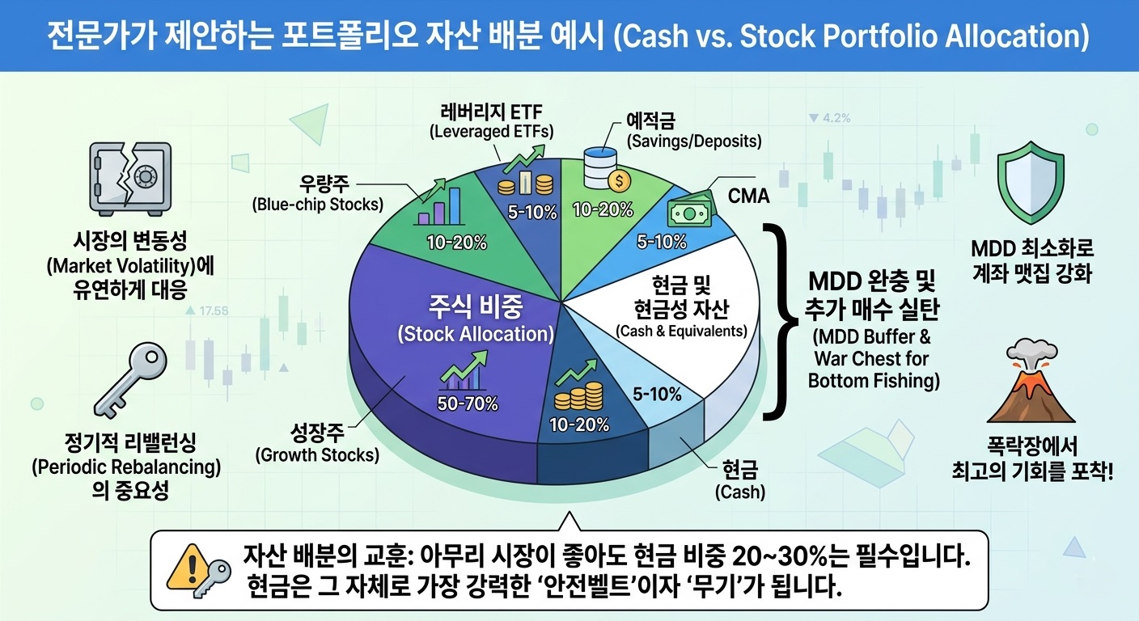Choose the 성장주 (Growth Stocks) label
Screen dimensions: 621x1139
click(x=317, y=445)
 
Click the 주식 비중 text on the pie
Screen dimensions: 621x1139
click(x=476, y=307)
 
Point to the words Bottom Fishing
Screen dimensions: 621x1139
click(x=873, y=380)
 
